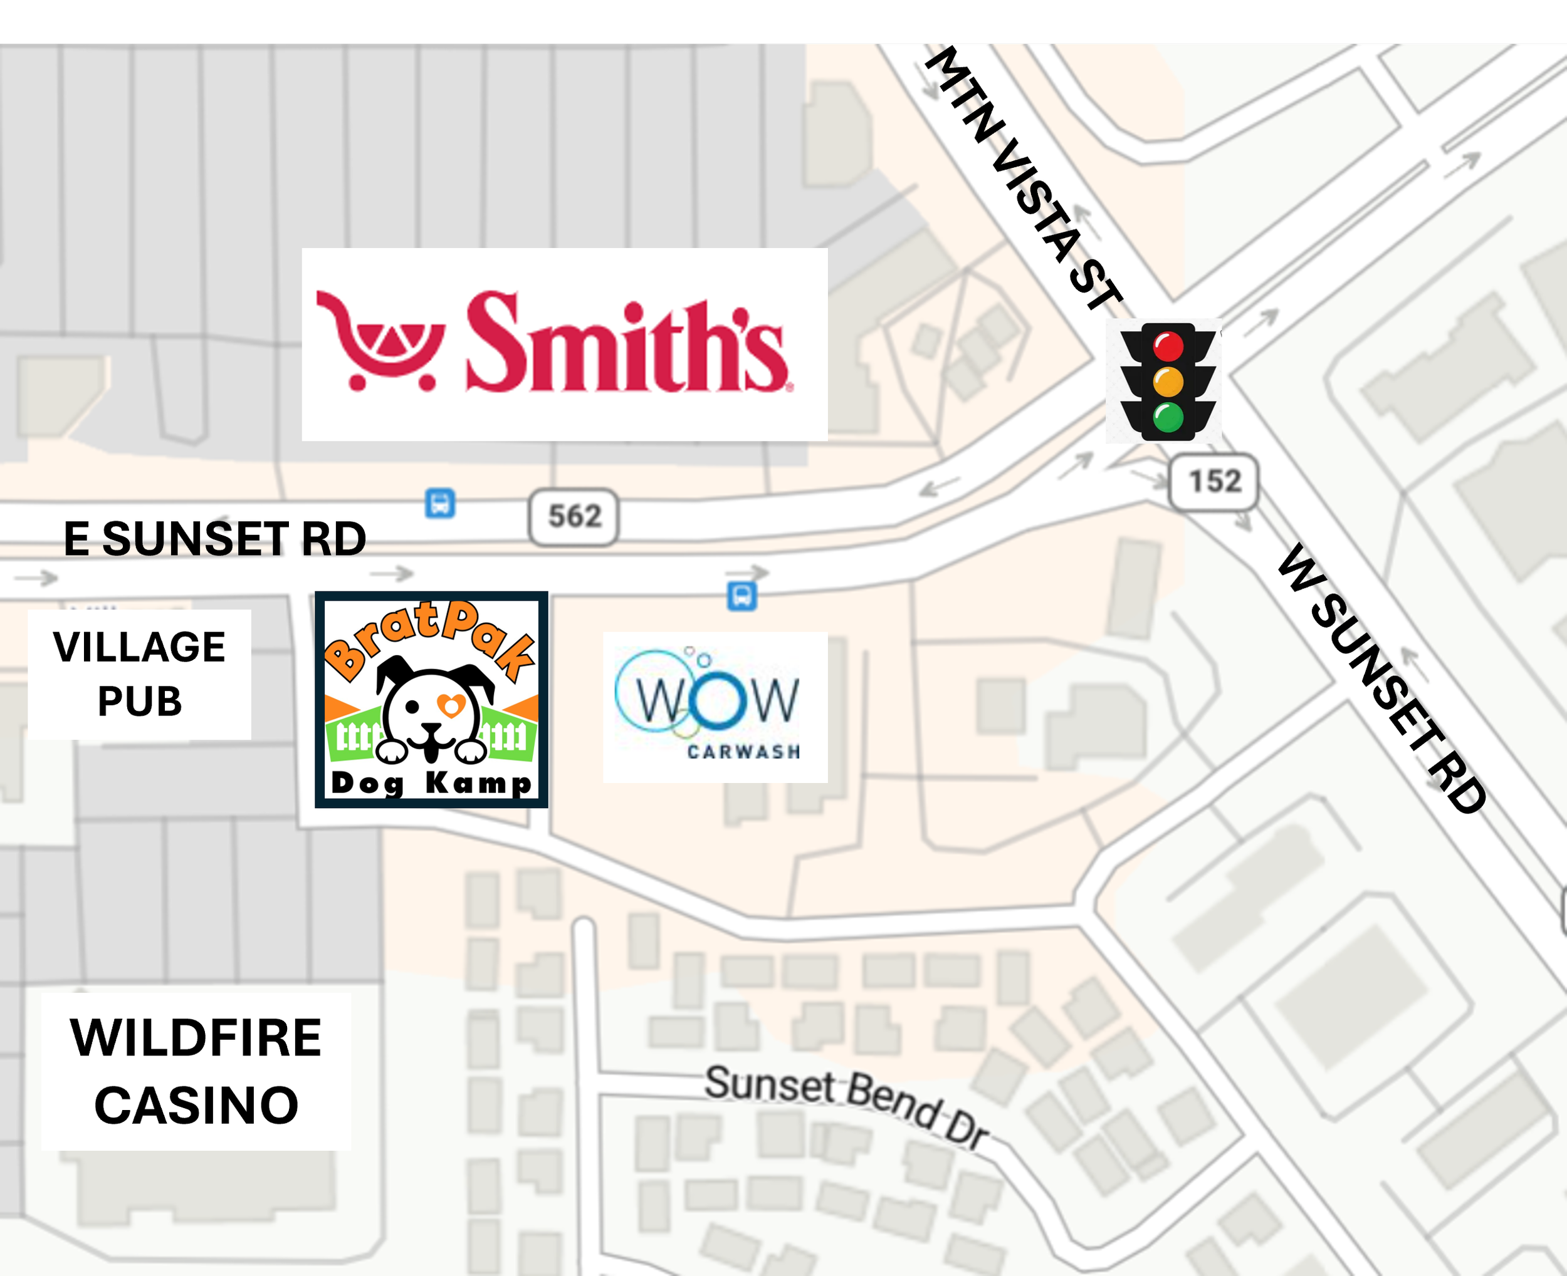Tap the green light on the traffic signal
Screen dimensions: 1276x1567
1168,417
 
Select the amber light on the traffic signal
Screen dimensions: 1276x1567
1168,382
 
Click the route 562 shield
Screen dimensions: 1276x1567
574,517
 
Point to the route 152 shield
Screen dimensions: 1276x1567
1214,482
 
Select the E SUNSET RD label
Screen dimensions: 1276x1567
215,539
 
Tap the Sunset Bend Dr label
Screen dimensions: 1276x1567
846,1103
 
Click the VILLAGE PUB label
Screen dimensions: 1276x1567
140,673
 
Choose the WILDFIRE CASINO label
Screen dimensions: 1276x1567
196,1071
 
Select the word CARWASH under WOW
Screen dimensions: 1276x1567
743,751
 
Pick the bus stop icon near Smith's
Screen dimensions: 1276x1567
440,504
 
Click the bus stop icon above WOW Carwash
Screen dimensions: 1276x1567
742,595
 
